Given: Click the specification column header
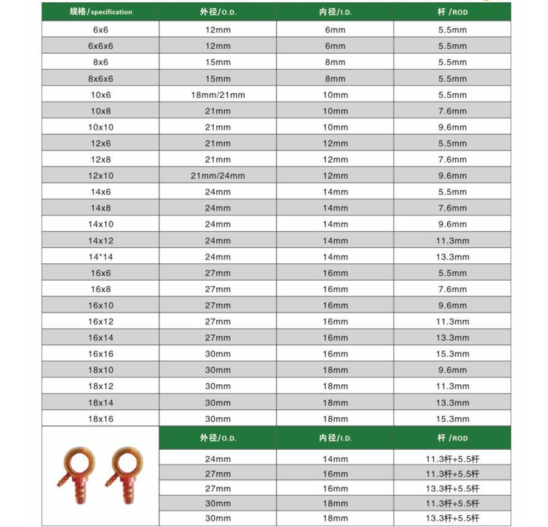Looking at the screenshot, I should [101, 12].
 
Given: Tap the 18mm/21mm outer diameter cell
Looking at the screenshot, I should [218, 95].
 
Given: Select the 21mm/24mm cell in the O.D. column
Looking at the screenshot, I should [218, 176].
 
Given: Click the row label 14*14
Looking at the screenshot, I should [101, 257].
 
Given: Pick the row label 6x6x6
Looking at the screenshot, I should [101, 47].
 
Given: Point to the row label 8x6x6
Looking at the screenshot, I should [101, 79].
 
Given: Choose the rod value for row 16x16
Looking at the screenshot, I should [453, 354].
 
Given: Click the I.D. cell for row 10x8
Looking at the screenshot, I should [335, 111].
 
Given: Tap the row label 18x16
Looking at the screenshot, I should [101, 418].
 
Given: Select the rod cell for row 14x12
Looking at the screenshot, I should [453, 240].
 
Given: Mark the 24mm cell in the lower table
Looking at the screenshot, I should [218, 459].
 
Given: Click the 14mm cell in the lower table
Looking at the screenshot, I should [335, 459].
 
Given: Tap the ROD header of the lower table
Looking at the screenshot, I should [453, 438].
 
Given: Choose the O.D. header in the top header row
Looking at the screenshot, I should [218, 12].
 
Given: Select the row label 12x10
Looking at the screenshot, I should [101, 176].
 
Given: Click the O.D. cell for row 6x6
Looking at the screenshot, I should [218, 30].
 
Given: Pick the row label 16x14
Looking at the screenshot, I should [101, 338].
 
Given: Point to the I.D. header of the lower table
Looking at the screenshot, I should [335, 438].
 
